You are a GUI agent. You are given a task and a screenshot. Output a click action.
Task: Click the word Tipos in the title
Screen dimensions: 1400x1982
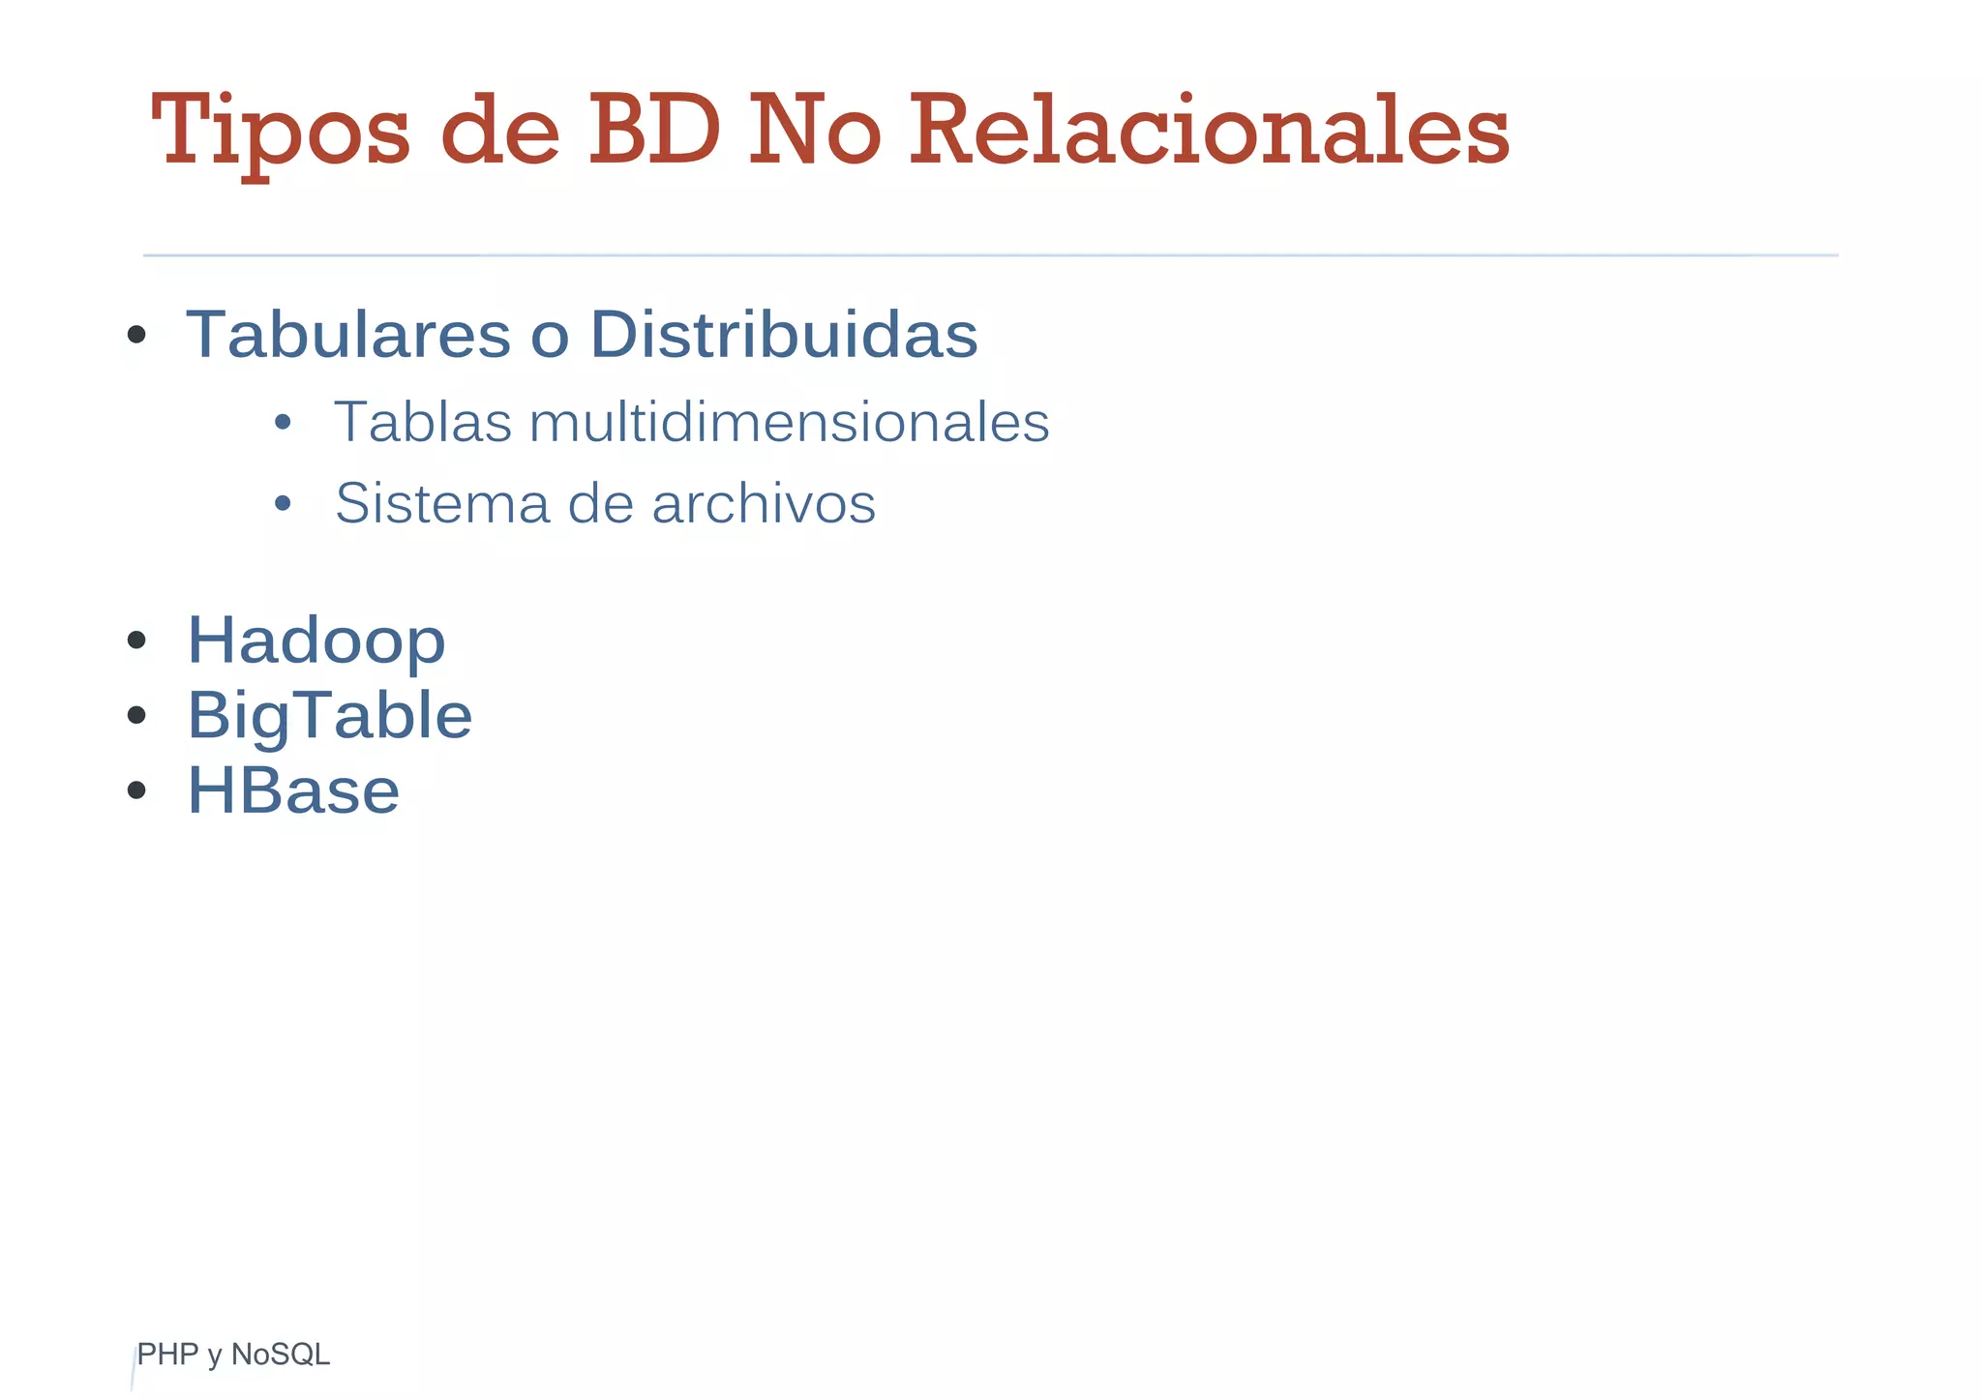[x=281, y=131]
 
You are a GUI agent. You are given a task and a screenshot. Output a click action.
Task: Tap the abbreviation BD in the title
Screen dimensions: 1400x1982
[x=654, y=131]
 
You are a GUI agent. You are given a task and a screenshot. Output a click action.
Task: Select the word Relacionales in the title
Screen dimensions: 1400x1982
[x=1209, y=131]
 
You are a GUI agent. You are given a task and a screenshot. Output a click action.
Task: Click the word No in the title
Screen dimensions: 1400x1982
[x=814, y=131]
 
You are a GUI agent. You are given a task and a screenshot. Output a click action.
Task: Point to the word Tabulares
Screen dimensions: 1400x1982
[x=348, y=335]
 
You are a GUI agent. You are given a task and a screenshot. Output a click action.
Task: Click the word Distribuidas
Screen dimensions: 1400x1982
[x=784, y=335]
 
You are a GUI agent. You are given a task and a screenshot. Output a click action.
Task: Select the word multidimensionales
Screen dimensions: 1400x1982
[x=789, y=423]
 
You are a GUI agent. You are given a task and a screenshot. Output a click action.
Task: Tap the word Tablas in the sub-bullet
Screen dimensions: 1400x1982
[x=423, y=423]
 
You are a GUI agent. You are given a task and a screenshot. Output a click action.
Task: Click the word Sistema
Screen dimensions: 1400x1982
[x=441, y=503]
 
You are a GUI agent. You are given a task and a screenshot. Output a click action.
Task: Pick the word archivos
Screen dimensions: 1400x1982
[x=764, y=503]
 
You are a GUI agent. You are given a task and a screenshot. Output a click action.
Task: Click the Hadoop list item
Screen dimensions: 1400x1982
[x=315, y=640]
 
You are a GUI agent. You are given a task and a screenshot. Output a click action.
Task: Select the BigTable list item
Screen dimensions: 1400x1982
[x=329, y=716]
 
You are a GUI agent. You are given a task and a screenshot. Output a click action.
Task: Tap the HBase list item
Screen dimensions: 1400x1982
[x=292, y=790]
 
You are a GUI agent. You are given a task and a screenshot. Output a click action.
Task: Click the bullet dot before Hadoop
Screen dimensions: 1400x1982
[x=136, y=640]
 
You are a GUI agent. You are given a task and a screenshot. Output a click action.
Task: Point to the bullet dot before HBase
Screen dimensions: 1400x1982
[x=136, y=789]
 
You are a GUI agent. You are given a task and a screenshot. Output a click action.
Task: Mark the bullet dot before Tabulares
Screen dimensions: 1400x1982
[x=136, y=335]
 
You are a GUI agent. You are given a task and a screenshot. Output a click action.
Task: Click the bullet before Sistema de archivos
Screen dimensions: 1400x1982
[x=283, y=503]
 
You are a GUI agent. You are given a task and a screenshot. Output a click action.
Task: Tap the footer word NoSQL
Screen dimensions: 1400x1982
[x=281, y=1355]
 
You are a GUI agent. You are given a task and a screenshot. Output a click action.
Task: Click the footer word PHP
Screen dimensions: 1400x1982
[x=167, y=1355]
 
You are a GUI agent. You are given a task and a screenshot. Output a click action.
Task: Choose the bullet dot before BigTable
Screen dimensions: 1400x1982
[x=136, y=715]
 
